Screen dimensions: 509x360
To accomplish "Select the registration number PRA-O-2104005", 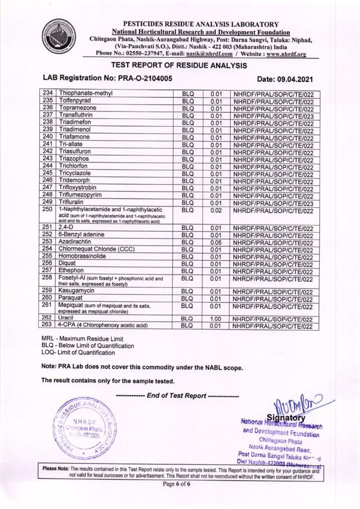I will click(x=144, y=78).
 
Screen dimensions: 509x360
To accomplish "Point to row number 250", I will click(x=48, y=210).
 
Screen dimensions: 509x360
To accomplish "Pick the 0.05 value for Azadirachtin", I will click(x=215, y=242).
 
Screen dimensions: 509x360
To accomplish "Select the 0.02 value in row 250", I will click(x=215, y=211).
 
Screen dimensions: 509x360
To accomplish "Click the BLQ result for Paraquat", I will click(x=187, y=299).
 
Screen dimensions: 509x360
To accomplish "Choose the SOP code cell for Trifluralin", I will click(x=273, y=203).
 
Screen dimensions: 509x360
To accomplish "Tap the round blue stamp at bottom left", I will click(x=86, y=428).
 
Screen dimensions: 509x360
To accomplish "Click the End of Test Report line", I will click(x=177, y=396).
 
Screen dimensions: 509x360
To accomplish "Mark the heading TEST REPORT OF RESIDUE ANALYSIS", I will click(x=179, y=65).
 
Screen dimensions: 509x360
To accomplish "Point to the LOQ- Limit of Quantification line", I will click(x=78, y=353).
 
